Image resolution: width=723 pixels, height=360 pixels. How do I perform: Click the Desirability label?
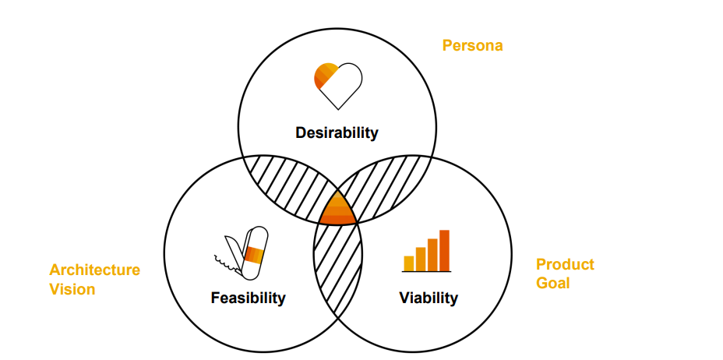[337, 132]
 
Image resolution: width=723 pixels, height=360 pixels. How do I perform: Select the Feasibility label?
[248, 298]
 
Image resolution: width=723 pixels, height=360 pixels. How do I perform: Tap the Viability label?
[429, 298]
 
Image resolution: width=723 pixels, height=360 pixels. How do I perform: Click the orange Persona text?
[472, 45]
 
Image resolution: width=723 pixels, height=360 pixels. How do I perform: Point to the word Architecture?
[94, 270]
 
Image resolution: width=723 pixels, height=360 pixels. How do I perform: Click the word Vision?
[72, 289]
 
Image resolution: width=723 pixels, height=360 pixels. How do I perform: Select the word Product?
[565, 264]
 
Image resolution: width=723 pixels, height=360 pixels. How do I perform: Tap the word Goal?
[552, 283]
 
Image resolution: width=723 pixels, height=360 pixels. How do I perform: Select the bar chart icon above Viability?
[427, 251]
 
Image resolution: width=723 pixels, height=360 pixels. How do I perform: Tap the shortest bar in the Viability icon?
[408, 263]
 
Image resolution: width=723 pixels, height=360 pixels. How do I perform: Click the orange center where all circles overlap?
[337, 209]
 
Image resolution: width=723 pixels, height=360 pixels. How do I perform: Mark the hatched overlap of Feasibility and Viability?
[338, 269]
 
